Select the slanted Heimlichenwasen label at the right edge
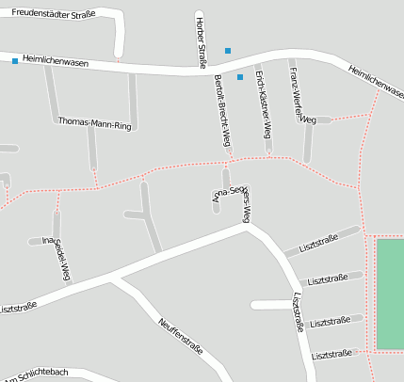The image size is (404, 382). coord(375,80)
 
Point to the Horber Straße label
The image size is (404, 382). coord(200,41)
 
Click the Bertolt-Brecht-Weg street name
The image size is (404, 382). coord(223,110)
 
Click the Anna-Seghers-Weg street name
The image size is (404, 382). coord(233,199)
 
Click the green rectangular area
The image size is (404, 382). coord(390,294)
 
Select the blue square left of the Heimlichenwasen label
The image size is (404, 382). coord(15,61)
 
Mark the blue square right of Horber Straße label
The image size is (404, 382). coord(227,50)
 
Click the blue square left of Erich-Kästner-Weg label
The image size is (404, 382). coord(240,77)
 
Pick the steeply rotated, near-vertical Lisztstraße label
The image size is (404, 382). coord(298,311)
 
